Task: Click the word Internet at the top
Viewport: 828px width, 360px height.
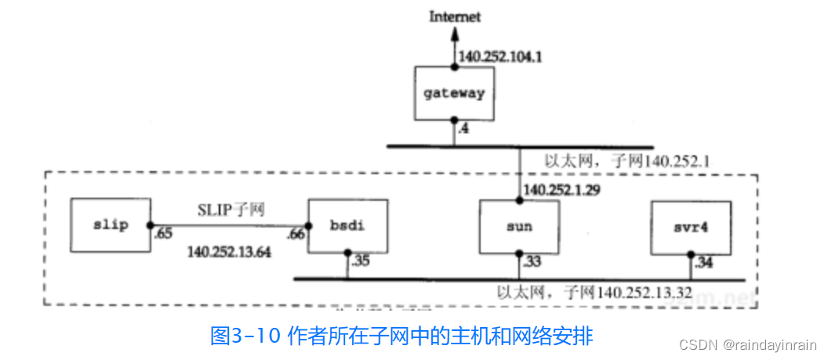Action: coord(454,16)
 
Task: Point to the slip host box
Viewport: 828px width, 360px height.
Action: coord(108,225)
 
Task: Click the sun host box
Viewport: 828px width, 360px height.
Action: coord(519,227)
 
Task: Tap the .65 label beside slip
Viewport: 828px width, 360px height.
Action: coord(162,235)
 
